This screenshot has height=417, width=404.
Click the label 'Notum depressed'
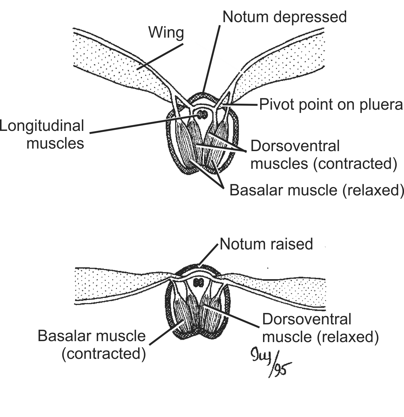click(x=285, y=17)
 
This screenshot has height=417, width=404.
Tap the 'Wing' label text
click(x=166, y=33)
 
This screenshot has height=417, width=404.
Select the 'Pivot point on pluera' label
click(x=331, y=105)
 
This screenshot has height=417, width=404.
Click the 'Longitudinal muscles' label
click(x=43, y=134)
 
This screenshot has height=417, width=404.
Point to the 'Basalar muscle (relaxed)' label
click(x=316, y=190)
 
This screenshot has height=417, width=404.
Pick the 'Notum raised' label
click(x=266, y=244)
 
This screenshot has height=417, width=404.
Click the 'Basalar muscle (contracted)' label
click(x=92, y=345)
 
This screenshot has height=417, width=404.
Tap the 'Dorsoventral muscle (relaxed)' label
click(x=320, y=328)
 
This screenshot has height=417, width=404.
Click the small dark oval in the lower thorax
click(x=199, y=283)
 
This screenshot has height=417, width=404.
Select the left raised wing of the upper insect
click(x=120, y=66)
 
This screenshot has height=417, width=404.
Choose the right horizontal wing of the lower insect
click(x=278, y=289)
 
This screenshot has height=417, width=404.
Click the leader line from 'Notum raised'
click(x=209, y=254)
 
